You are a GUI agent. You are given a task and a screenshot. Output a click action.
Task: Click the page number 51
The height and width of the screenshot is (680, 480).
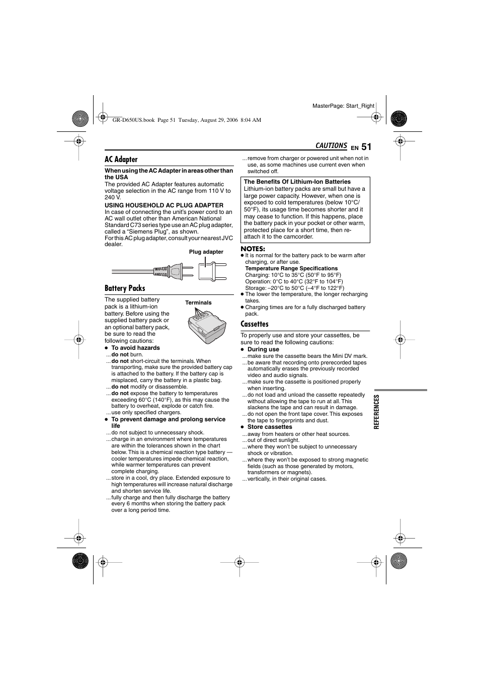pyautogui.click(x=366, y=147)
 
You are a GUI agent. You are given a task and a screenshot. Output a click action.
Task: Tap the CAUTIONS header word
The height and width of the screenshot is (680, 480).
pyautogui.click(x=331, y=146)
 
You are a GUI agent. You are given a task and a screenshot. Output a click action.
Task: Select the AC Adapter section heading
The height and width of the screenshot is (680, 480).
pyautogui.click(x=121, y=160)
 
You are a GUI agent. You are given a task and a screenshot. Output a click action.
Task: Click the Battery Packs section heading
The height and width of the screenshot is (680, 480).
pyautogui.click(x=125, y=288)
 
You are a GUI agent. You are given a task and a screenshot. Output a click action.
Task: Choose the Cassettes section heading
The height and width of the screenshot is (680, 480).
pyautogui.click(x=255, y=324)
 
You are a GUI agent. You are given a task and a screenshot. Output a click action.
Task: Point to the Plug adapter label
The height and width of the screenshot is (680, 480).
pyautogui.click(x=206, y=252)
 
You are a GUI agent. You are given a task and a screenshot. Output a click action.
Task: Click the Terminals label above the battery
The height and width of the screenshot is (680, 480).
pyautogui.click(x=198, y=303)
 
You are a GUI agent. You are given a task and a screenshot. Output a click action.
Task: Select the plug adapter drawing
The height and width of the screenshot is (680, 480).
pyautogui.click(x=209, y=271)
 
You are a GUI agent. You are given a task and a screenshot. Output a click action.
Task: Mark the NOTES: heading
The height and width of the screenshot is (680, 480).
pyautogui.click(x=253, y=249)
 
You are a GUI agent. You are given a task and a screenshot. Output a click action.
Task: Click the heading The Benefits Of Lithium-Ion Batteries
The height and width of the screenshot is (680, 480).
pyautogui.click(x=297, y=182)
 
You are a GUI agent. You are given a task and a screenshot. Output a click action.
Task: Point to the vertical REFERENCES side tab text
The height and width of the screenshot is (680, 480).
pyautogui.click(x=376, y=411)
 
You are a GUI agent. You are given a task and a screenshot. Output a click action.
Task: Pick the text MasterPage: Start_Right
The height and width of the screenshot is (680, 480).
pyautogui.click(x=343, y=106)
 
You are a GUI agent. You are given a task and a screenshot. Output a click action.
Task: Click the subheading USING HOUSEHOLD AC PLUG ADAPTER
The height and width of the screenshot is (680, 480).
pyautogui.click(x=164, y=205)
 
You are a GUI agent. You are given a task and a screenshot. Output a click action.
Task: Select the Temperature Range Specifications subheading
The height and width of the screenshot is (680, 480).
pyautogui.click(x=291, y=269)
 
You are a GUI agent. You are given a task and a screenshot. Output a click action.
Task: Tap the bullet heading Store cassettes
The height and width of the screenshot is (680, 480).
pyautogui.click(x=269, y=427)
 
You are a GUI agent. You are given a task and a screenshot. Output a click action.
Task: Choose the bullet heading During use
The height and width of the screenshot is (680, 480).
pyautogui.click(x=263, y=349)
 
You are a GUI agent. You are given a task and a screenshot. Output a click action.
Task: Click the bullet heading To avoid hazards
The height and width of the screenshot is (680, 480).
pyautogui.click(x=135, y=348)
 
